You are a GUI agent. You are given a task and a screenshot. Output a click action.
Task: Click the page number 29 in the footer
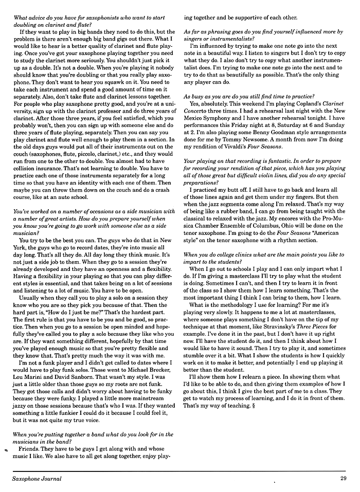[343, 479]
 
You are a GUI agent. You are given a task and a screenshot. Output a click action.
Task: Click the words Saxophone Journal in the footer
[37, 479]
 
